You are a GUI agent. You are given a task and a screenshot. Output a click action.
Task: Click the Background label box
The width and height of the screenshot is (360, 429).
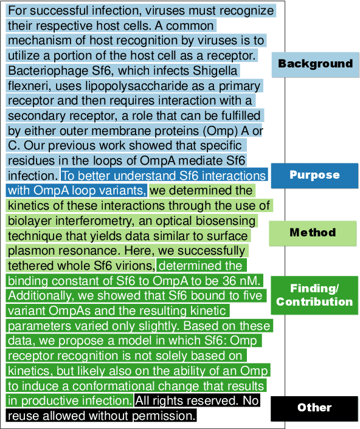pyautogui.click(x=315, y=63)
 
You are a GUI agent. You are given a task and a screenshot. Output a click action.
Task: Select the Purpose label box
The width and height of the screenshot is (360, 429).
pyautogui.click(x=314, y=175)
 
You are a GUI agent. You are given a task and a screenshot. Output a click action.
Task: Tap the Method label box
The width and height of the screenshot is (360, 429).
pyautogui.click(x=313, y=232)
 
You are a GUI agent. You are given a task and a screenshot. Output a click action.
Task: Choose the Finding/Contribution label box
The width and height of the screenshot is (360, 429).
pyautogui.click(x=314, y=295)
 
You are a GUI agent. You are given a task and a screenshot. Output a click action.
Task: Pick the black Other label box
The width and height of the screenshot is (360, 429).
pyautogui.click(x=314, y=407)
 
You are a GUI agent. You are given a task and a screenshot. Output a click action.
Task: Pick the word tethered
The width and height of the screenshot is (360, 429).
pyautogui.click(x=30, y=266)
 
